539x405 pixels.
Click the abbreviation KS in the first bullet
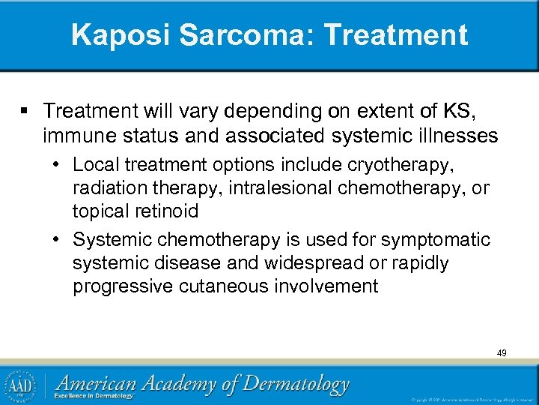[456, 112]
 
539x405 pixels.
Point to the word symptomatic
[436, 239]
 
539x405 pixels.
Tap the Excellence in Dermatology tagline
[94, 395]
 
